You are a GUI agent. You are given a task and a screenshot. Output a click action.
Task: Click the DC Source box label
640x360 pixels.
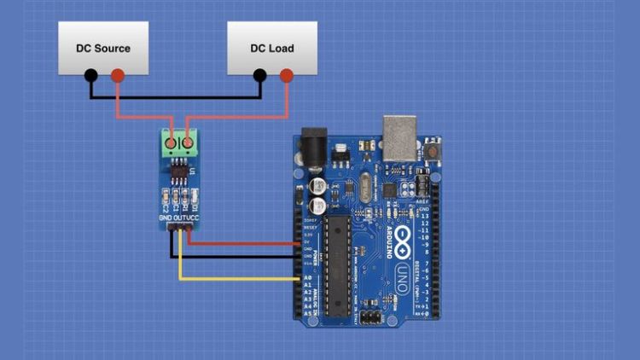[x=102, y=48]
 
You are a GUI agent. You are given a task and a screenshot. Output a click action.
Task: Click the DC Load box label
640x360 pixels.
[x=271, y=48]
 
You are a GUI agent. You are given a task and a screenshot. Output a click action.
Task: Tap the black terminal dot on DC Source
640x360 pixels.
[x=90, y=76]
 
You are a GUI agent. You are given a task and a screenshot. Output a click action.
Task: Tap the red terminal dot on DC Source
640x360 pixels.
[x=117, y=76]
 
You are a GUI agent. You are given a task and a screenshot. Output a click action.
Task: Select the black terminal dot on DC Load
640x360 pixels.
[x=260, y=76]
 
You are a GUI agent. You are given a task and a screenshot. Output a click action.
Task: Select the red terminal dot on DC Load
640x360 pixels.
[x=287, y=76]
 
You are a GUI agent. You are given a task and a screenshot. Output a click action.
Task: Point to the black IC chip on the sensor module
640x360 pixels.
[x=181, y=173]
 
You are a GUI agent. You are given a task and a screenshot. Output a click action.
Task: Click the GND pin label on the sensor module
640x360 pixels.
[x=166, y=218]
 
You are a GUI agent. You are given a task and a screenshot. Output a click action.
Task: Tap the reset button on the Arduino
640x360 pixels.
[x=433, y=149]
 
